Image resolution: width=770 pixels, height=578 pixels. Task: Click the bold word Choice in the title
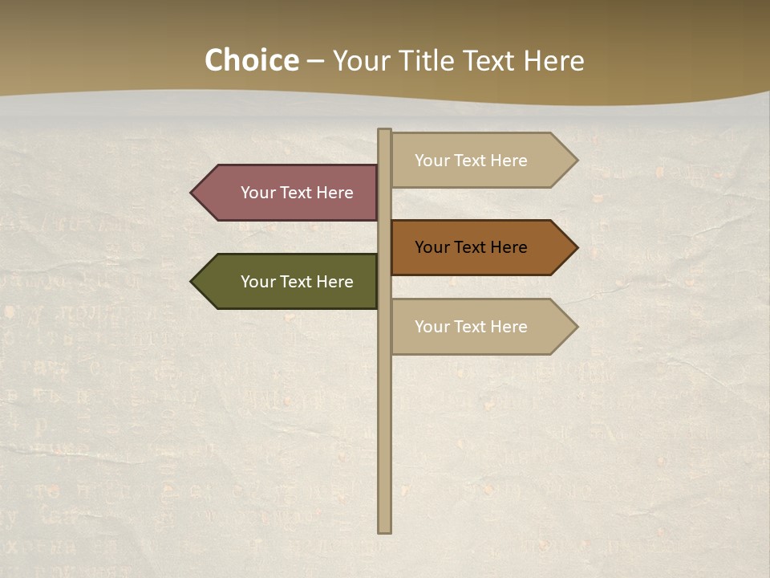(x=251, y=61)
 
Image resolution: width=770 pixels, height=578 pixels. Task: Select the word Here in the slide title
(x=553, y=61)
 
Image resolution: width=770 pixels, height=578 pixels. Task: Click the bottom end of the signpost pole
(x=385, y=530)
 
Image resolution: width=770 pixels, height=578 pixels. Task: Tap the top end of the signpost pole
(x=385, y=132)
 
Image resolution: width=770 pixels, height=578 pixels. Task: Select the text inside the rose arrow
(x=297, y=193)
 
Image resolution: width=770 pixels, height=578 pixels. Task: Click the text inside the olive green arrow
(x=297, y=282)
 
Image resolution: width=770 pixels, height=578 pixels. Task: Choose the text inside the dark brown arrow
(x=471, y=247)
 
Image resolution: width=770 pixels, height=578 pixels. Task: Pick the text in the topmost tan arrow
(x=471, y=161)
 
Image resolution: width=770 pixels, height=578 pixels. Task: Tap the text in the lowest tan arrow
(x=471, y=327)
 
